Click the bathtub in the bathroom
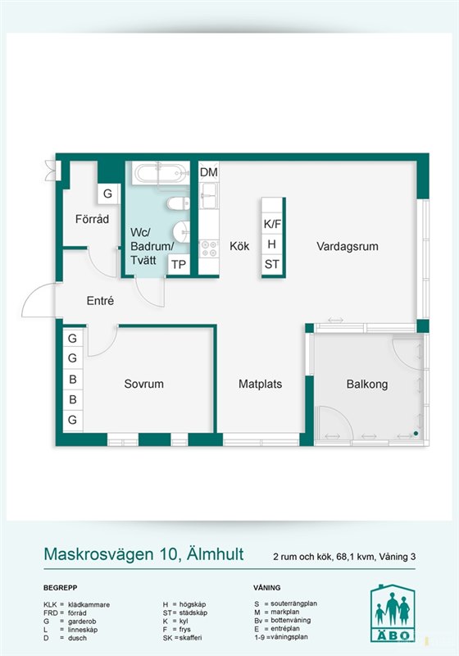159,173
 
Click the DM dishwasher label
208,172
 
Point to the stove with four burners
209,248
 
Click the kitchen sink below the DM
208,195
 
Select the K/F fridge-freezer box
272,224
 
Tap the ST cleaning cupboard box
272,264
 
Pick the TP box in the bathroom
179,265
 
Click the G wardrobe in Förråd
108,194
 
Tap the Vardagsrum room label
348,247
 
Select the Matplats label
260,384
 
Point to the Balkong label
367,384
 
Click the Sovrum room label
143,384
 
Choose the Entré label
100,300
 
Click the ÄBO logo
393,613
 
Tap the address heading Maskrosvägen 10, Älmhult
143,554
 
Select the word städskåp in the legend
193,613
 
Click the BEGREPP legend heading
60,588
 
